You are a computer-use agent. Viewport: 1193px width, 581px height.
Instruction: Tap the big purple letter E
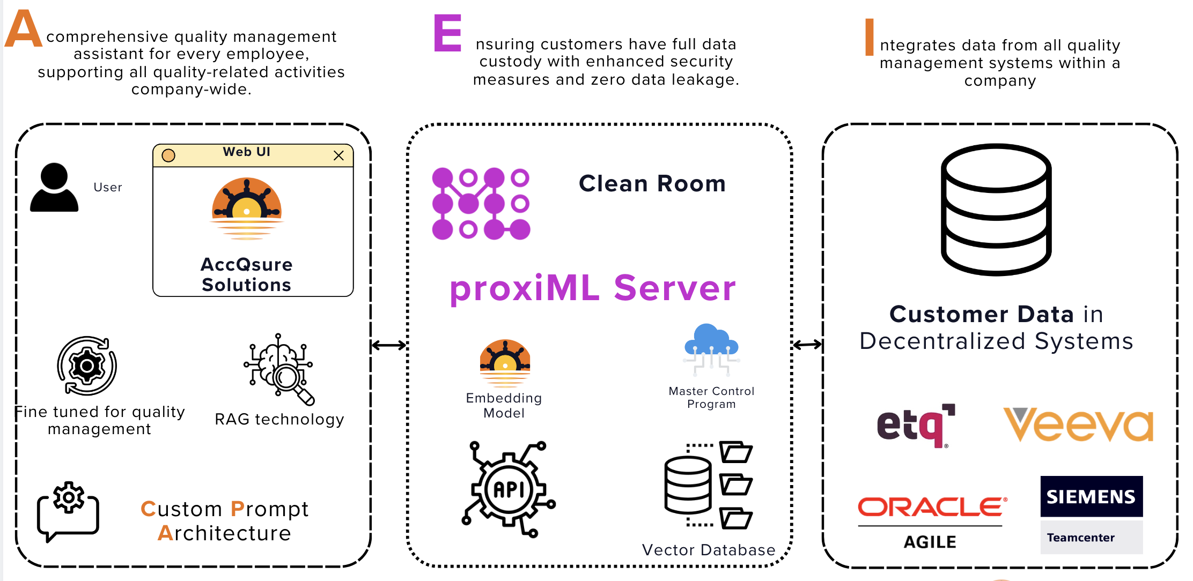447,33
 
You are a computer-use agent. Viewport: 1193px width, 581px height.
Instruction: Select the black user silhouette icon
54,188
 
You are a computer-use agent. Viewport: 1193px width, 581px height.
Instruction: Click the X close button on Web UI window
338,155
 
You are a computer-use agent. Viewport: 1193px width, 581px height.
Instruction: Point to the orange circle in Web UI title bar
168,155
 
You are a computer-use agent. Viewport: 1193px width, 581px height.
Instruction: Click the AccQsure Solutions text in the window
246,274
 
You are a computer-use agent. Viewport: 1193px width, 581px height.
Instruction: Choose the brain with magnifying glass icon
279,369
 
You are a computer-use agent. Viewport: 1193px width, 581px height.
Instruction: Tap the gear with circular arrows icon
87,366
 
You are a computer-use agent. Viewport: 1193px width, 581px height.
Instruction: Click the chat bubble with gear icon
68,511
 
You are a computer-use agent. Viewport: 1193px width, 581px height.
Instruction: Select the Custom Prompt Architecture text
224,520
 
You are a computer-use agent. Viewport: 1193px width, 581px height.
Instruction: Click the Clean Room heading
652,184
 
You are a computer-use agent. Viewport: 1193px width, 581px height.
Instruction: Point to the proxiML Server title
592,288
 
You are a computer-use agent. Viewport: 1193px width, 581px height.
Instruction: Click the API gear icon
509,489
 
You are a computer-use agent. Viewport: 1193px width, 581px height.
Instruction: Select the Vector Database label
708,550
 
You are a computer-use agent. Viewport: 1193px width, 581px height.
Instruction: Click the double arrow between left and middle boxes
389,345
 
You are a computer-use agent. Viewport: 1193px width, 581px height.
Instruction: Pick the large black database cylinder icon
996,210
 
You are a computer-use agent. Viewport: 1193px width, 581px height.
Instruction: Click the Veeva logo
1078,424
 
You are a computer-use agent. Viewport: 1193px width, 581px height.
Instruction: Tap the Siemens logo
1091,497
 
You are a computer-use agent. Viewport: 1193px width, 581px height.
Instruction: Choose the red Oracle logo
932,506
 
